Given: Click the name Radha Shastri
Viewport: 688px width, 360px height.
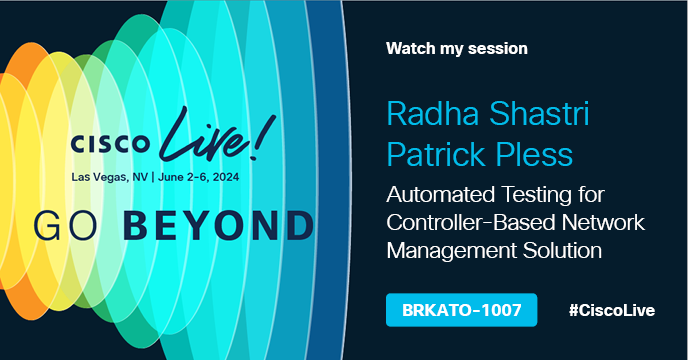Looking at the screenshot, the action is (x=487, y=114).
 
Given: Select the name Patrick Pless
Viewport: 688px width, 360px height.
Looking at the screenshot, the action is (x=480, y=155).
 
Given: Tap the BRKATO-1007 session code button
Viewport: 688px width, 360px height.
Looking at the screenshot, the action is (x=462, y=310).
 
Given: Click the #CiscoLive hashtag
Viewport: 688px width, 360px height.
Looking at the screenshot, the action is (x=612, y=310).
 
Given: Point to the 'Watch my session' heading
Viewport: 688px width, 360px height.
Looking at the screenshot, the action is (x=457, y=48).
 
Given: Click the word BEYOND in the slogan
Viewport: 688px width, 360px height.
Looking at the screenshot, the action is (x=219, y=226).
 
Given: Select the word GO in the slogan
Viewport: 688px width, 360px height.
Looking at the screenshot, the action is (x=65, y=226).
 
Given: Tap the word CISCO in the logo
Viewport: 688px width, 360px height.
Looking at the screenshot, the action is (x=110, y=144).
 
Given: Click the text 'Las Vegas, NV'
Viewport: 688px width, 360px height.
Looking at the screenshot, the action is (x=110, y=177).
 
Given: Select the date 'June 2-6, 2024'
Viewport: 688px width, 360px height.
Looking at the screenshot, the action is (x=198, y=177).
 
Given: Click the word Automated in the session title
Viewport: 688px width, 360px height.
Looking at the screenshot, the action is (x=441, y=194).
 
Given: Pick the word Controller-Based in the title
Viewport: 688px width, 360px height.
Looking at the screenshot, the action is (x=471, y=223).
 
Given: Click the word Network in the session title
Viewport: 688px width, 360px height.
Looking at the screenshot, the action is (x=603, y=223).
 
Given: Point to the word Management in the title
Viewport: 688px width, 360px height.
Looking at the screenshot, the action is (x=451, y=252).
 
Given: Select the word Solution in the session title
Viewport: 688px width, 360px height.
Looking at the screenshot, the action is (x=562, y=251).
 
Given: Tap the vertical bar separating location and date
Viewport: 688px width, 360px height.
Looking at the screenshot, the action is (x=153, y=177).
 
